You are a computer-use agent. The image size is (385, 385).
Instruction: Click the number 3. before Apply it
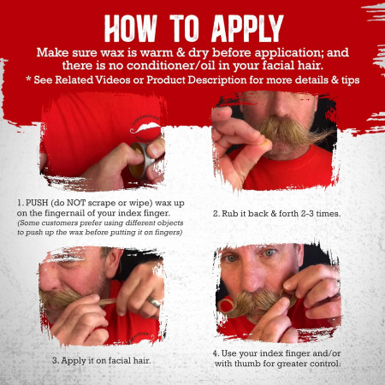click(x=55, y=359)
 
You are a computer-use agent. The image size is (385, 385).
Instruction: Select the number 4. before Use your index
click(x=215, y=352)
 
